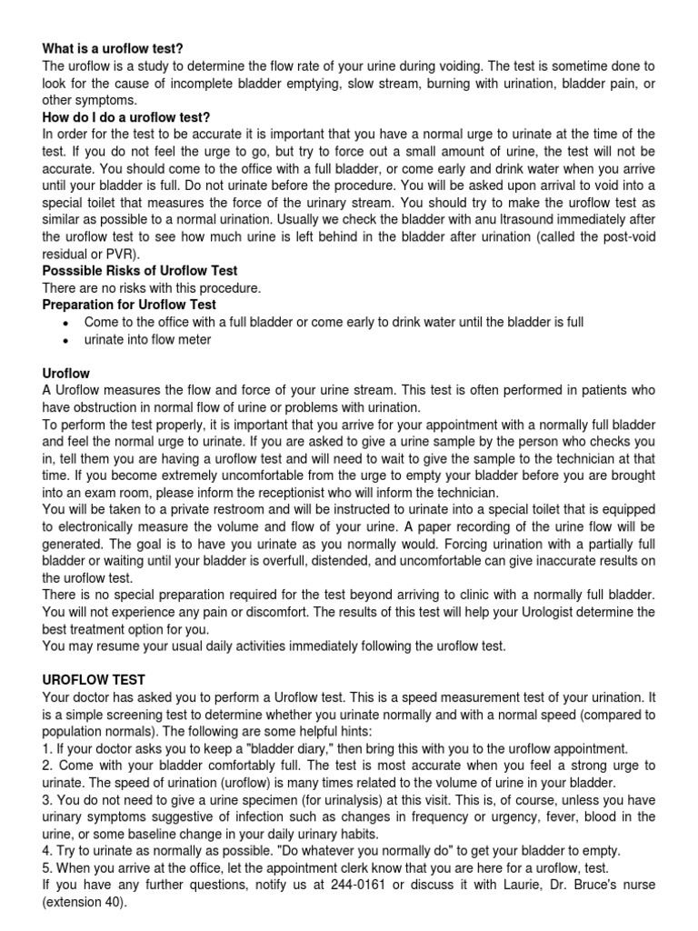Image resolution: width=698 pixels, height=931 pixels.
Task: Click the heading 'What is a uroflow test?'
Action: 118,48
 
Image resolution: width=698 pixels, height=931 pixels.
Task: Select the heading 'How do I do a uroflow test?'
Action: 126,117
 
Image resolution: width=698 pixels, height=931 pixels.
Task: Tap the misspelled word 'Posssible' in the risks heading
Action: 72,271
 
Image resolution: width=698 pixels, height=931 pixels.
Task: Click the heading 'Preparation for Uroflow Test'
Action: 129,305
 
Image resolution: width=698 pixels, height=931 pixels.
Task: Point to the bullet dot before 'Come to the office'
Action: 65,323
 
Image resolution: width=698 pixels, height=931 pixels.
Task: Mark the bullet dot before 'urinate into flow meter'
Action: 65,340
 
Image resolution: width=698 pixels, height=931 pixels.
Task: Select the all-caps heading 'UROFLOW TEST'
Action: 94,680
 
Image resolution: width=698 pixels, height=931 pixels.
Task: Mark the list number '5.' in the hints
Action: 48,868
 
